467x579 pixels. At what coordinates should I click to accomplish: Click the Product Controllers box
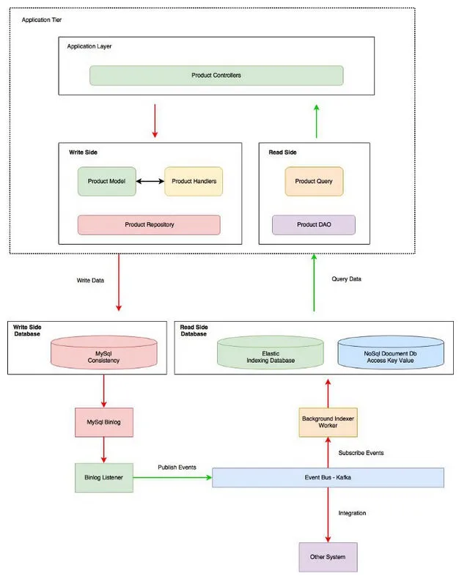point(216,75)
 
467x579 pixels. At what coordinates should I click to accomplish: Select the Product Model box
point(107,181)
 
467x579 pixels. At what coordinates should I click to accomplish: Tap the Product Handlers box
point(194,181)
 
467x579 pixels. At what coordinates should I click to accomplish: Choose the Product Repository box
point(149,224)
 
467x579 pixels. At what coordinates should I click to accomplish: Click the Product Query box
point(314,181)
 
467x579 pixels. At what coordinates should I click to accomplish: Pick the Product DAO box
point(314,224)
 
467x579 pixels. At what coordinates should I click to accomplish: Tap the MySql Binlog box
point(103,422)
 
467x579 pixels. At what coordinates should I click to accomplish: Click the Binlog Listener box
point(103,477)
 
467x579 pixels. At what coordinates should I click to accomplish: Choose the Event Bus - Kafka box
point(328,477)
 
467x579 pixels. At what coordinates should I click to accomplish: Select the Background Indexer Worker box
point(327,422)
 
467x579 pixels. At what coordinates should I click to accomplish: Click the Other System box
point(327,557)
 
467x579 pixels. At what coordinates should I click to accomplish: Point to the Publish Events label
point(177,466)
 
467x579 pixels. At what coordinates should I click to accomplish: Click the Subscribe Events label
point(361,453)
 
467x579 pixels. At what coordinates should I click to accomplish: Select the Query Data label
point(346,279)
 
